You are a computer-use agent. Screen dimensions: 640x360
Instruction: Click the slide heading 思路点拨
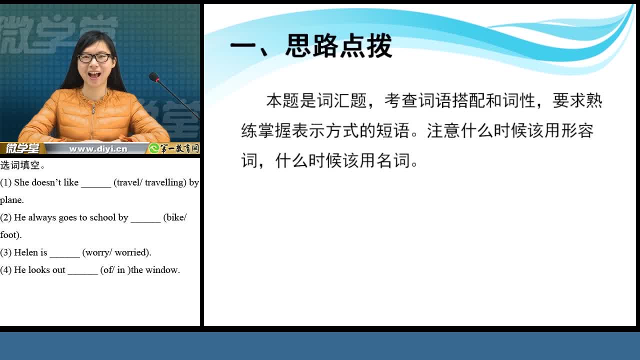click(338, 45)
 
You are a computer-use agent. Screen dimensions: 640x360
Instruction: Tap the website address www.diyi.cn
click(98, 149)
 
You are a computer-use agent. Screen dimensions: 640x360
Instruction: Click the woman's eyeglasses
click(94, 58)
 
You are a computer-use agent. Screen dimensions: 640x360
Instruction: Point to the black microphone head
click(153, 77)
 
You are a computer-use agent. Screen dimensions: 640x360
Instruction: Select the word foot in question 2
click(9, 235)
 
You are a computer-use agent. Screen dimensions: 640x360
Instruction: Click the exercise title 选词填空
click(20, 165)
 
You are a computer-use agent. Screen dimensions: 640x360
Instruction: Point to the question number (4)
click(5, 270)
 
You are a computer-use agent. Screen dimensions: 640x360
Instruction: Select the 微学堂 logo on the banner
click(22, 148)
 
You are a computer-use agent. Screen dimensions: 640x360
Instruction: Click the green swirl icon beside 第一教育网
click(154, 148)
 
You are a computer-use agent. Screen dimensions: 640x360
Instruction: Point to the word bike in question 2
click(175, 217)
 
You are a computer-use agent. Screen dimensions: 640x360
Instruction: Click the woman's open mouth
click(94, 75)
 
